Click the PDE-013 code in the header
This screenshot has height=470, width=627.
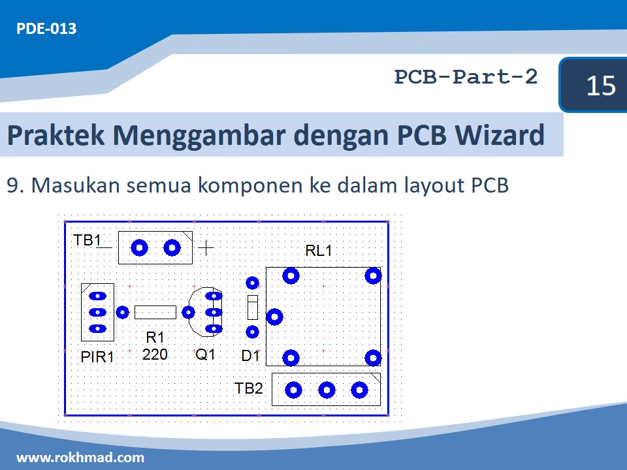click(46, 29)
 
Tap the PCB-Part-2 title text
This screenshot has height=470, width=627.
click(466, 77)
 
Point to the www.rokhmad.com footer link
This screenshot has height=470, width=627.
click(80, 457)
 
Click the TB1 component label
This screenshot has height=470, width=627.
click(87, 240)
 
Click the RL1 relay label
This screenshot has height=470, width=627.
click(319, 251)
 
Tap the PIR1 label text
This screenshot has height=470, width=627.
click(97, 357)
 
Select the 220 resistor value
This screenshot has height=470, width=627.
click(155, 354)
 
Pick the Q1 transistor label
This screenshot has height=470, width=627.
click(205, 355)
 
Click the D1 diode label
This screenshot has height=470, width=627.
click(250, 356)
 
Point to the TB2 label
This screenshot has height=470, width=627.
click(249, 389)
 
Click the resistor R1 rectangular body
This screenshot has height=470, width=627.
click(155, 312)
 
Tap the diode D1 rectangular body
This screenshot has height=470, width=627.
click(253, 306)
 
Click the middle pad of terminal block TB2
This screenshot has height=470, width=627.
click(327, 390)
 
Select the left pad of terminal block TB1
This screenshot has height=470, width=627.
click(139, 248)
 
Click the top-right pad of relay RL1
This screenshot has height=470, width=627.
click(372, 275)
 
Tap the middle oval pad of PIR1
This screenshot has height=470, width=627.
click(97, 313)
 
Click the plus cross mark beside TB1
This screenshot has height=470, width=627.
click(206, 247)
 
